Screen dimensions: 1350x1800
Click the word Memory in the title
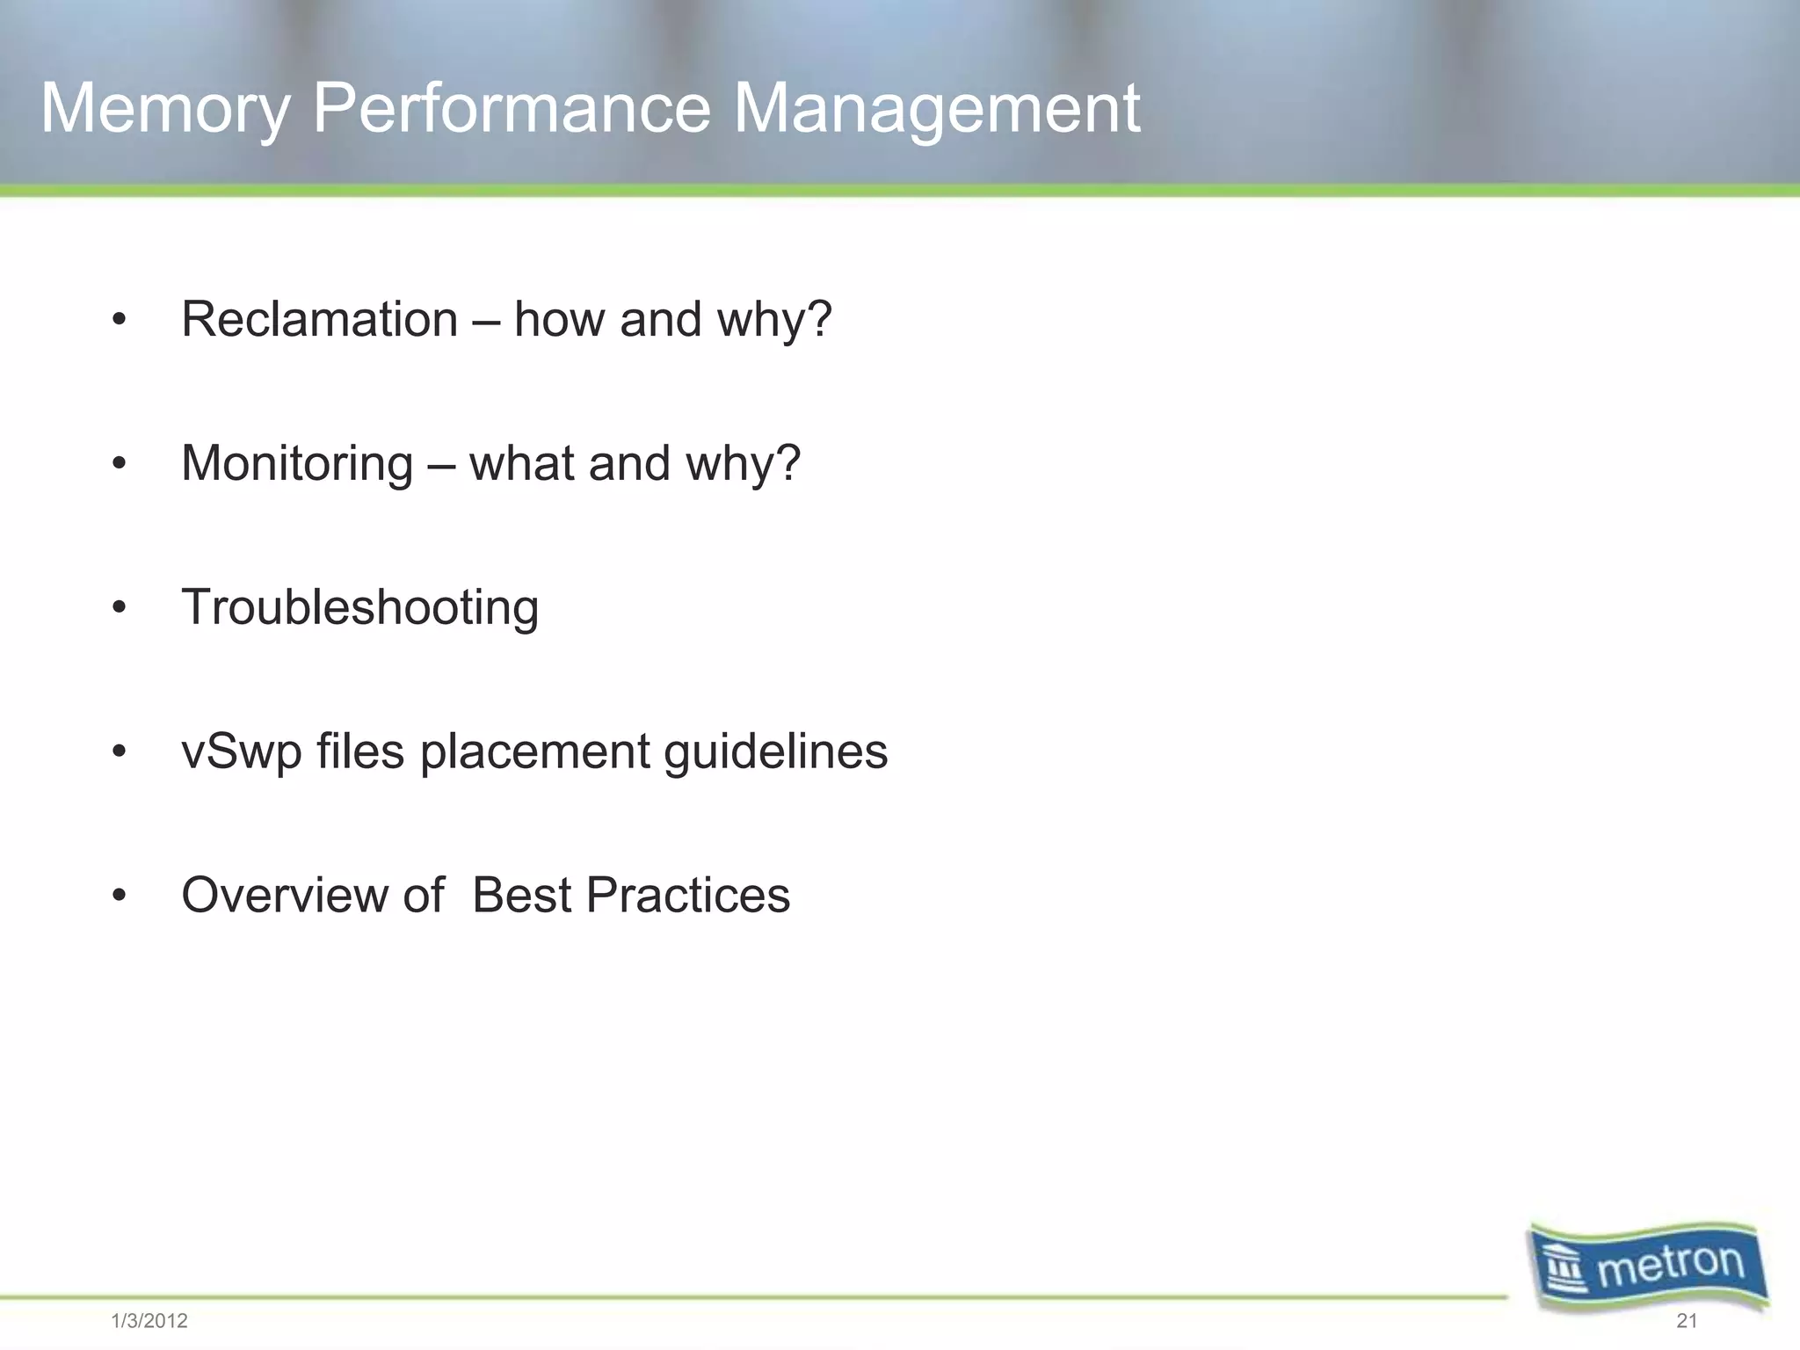click(165, 110)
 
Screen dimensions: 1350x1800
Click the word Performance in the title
click(511, 108)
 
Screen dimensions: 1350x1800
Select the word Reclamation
click(319, 319)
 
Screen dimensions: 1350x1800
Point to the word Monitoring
click(297, 464)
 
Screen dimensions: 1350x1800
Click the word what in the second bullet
click(521, 463)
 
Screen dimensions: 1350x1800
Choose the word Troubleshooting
click(359, 608)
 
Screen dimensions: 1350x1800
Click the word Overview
click(285, 896)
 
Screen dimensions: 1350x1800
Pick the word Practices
click(687, 896)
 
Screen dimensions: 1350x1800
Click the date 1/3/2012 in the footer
click(149, 1321)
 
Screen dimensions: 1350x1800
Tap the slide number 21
click(1687, 1320)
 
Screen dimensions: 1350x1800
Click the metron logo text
click(1670, 1267)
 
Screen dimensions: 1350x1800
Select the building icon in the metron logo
click(1567, 1272)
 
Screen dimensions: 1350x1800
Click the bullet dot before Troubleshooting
click(120, 608)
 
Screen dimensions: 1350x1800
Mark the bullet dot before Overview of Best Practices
click(120, 896)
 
